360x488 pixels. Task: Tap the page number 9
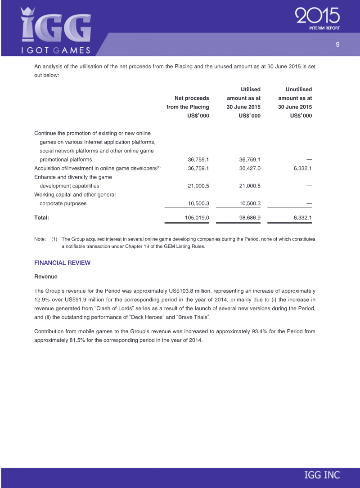tap(337, 44)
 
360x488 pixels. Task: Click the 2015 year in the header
tap(317, 17)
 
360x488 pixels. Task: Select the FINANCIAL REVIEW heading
tap(62, 263)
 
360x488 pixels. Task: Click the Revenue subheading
tap(46, 276)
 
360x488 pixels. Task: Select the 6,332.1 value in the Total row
tap(302, 218)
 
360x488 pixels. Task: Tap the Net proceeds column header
tap(192, 98)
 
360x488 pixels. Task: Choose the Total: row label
tap(42, 218)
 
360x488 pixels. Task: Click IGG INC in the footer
tap(322, 475)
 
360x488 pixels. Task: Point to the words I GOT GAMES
tap(56, 50)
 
